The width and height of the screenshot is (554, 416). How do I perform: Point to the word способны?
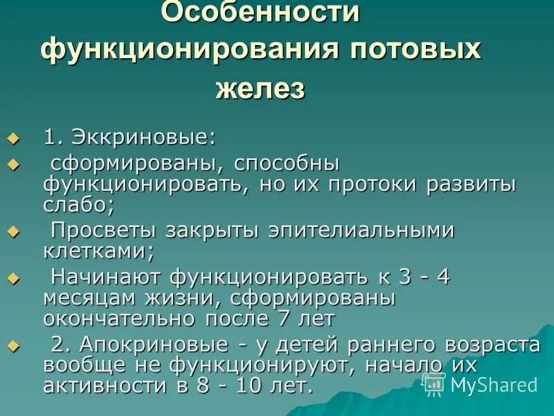(x=286, y=166)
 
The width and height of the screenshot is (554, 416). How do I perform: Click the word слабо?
(x=77, y=205)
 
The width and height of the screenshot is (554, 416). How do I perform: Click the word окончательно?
(x=118, y=318)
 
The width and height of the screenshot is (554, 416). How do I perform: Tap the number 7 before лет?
(x=284, y=318)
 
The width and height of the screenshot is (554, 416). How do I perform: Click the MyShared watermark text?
(x=493, y=385)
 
